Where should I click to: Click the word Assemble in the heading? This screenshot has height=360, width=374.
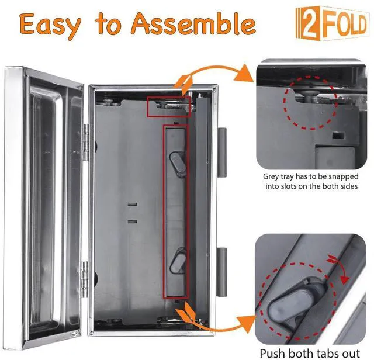pyautogui.click(x=193, y=23)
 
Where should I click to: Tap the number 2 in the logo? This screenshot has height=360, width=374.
pyautogui.click(x=309, y=23)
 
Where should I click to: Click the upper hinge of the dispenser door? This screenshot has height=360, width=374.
pyautogui.click(x=86, y=142)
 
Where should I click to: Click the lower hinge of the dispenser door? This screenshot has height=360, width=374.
pyautogui.click(x=85, y=279)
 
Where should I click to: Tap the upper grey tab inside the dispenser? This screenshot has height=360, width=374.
pyautogui.click(x=178, y=164)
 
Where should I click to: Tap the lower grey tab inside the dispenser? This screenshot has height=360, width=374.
pyautogui.click(x=178, y=261)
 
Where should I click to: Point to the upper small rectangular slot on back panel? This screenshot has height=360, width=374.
pyautogui.click(x=133, y=205)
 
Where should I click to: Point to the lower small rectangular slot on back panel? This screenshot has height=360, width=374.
pyautogui.click(x=133, y=221)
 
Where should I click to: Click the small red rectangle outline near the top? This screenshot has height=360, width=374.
pyautogui.click(x=169, y=106)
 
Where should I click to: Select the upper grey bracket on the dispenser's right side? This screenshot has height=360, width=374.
pyautogui.click(x=222, y=153)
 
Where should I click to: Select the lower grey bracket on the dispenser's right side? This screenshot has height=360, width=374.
pyautogui.click(x=222, y=272)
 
